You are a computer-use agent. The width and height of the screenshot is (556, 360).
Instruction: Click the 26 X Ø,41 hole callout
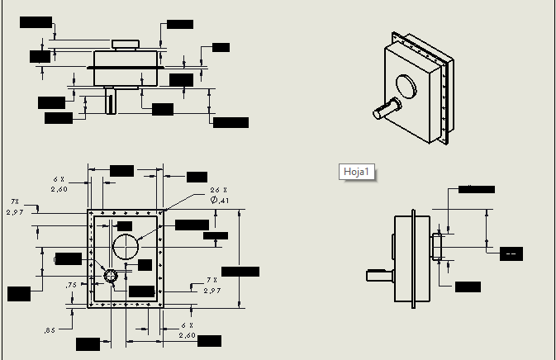(219, 196)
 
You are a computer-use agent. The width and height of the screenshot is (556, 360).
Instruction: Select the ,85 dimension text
(50, 330)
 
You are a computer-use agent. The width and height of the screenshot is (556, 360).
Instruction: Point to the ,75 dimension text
(72, 285)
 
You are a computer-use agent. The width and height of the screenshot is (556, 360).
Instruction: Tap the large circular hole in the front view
(127, 246)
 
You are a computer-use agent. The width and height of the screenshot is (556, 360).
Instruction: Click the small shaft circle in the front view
(110, 275)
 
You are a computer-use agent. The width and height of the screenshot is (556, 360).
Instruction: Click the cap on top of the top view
(126, 44)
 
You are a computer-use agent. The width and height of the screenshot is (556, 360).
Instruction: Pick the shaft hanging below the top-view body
(111, 102)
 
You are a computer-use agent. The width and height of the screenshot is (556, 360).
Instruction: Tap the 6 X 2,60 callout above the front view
(59, 183)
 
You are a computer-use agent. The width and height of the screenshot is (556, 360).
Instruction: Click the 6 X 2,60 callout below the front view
(187, 330)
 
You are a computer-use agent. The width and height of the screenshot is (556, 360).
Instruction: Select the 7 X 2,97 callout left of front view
(15, 207)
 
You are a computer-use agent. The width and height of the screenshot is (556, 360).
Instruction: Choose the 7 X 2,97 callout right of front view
(211, 286)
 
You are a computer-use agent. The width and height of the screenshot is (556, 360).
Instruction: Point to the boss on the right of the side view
(438, 246)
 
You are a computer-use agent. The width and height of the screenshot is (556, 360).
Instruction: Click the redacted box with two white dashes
(511, 253)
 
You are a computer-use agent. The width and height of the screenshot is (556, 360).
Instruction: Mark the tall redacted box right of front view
(240, 272)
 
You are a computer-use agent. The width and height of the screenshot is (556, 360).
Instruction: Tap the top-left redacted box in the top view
(36, 22)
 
